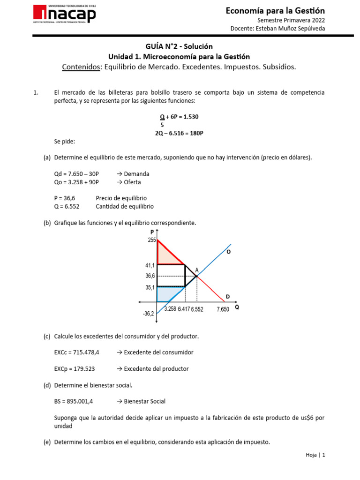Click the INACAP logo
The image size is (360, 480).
pyautogui.click(x=64, y=15)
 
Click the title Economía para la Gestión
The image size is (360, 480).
pyautogui.click(x=275, y=11)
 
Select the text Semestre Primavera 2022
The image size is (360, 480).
pyautogui.click(x=291, y=20)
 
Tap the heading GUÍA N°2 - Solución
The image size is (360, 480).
pyautogui.click(x=180, y=46)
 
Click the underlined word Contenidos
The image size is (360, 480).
pyautogui.click(x=82, y=67)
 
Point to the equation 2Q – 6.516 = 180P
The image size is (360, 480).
pyautogui.click(x=180, y=133)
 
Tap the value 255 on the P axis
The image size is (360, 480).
pyautogui.click(x=151, y=240)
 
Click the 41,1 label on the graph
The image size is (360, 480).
pyautogui.click(x=150, y=265)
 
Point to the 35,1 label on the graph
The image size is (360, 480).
pyautogui.click(x=150, y=287)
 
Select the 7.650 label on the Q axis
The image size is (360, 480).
pyautogui.click(x=223, y=309)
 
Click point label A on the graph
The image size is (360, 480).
pyautogui.click(x=196, y=270)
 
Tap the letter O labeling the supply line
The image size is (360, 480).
pyautogui.click(x=228, y=252)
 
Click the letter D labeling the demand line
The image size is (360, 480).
pyautogui.click(x=228, y=296)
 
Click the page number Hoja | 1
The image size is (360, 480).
pyautogui.click(x=315, y=455)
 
